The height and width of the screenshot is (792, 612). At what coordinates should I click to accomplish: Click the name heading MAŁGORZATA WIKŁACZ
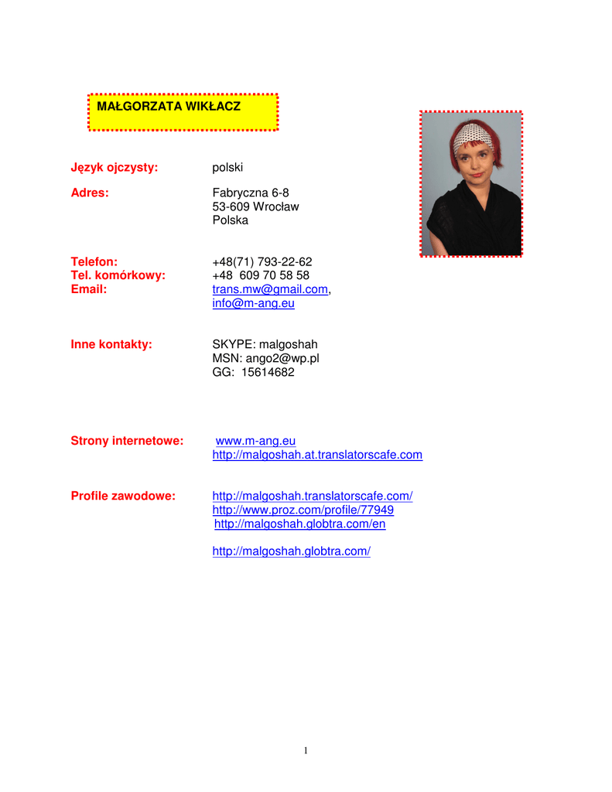tap(168, 105)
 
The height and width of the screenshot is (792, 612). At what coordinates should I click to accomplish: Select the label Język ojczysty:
tap(115, 167)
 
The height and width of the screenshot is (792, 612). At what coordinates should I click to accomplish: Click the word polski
tap(227, 167)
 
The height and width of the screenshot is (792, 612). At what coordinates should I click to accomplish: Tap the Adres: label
tap(90, 193)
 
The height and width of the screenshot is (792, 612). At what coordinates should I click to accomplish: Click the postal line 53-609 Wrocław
tap(255, 207)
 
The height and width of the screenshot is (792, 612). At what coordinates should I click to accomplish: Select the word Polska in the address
tap(231, 220)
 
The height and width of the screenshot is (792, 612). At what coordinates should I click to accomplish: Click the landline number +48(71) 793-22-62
tap(262, 262)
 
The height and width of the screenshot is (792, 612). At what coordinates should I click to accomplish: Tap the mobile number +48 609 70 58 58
tap(261, 276)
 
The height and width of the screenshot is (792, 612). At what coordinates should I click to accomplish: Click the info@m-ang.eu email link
tap(253, 304)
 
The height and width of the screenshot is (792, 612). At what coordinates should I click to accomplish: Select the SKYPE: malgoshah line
tap(265, 344)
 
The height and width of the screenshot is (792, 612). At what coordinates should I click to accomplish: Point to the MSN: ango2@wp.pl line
tap(265, 358)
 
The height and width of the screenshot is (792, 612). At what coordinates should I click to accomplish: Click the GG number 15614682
tap(268, 372)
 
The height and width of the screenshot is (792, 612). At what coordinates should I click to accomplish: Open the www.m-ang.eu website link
tap(255, 441)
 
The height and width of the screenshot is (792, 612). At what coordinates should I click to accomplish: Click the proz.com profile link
tap(303, 510)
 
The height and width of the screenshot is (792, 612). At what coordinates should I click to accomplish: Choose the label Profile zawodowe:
tap(123, 496)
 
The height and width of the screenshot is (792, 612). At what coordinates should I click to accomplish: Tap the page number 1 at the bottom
tap(306, 749)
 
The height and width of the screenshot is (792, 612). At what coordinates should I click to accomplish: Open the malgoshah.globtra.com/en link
tap(299, 524)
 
